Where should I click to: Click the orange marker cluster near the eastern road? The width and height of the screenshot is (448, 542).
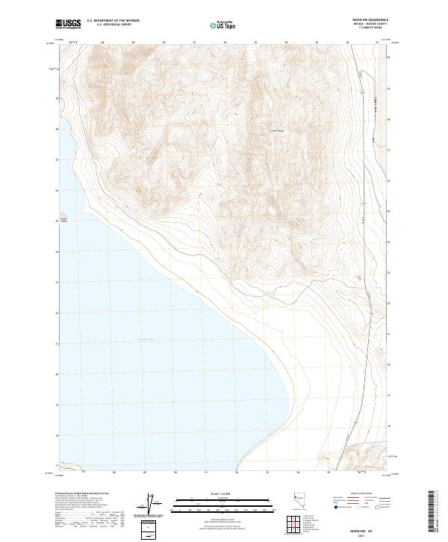(x=358, y=277)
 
